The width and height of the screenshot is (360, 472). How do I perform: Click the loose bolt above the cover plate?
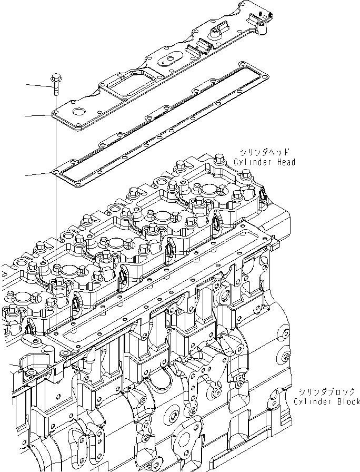click(x=55, y=86)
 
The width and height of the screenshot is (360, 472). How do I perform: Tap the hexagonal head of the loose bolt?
click(x=55, y=80)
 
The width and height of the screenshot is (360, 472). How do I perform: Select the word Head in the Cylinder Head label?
click(x=285, y=162)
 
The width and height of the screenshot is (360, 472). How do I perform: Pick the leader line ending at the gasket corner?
click(x=39, y=174)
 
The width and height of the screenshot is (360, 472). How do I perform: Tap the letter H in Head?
click(x=276, y=162)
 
